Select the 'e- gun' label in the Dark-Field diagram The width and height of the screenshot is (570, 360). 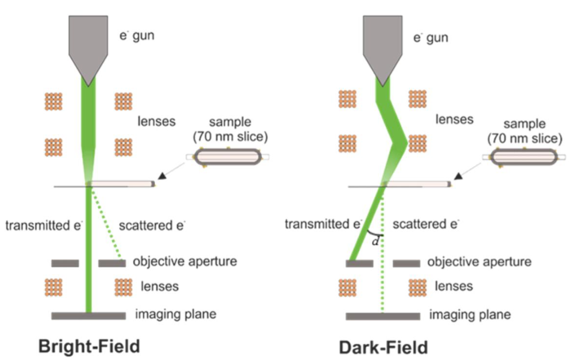click(430, 38)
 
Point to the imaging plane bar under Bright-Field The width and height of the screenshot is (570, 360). click(88, 315)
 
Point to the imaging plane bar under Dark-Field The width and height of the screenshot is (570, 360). click(383, 315)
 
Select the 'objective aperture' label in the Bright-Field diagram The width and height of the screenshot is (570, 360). click(185, 261)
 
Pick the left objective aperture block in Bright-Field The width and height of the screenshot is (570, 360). click(65, 263)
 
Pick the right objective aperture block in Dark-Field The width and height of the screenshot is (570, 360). click(406, 263)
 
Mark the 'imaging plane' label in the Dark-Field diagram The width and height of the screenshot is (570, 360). click(469, 315)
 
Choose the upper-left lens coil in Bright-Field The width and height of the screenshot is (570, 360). click(54, 102)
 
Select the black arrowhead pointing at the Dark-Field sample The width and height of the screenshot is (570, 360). click(459, 176)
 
